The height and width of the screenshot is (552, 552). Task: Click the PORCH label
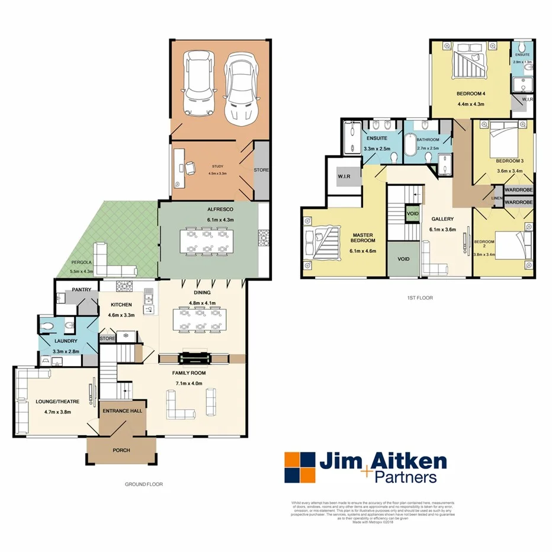[x=121, y=450]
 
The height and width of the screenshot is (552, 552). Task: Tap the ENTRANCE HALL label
[x=121, y=411]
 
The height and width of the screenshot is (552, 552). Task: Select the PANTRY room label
[x=81, y=290]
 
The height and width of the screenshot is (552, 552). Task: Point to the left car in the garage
[x=198, y=84]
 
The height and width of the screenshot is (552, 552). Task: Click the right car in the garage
[x=240, y=85]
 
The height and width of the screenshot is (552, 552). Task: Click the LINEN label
[x=498, y=198]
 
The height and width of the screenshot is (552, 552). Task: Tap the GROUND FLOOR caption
[x=143, y=484]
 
